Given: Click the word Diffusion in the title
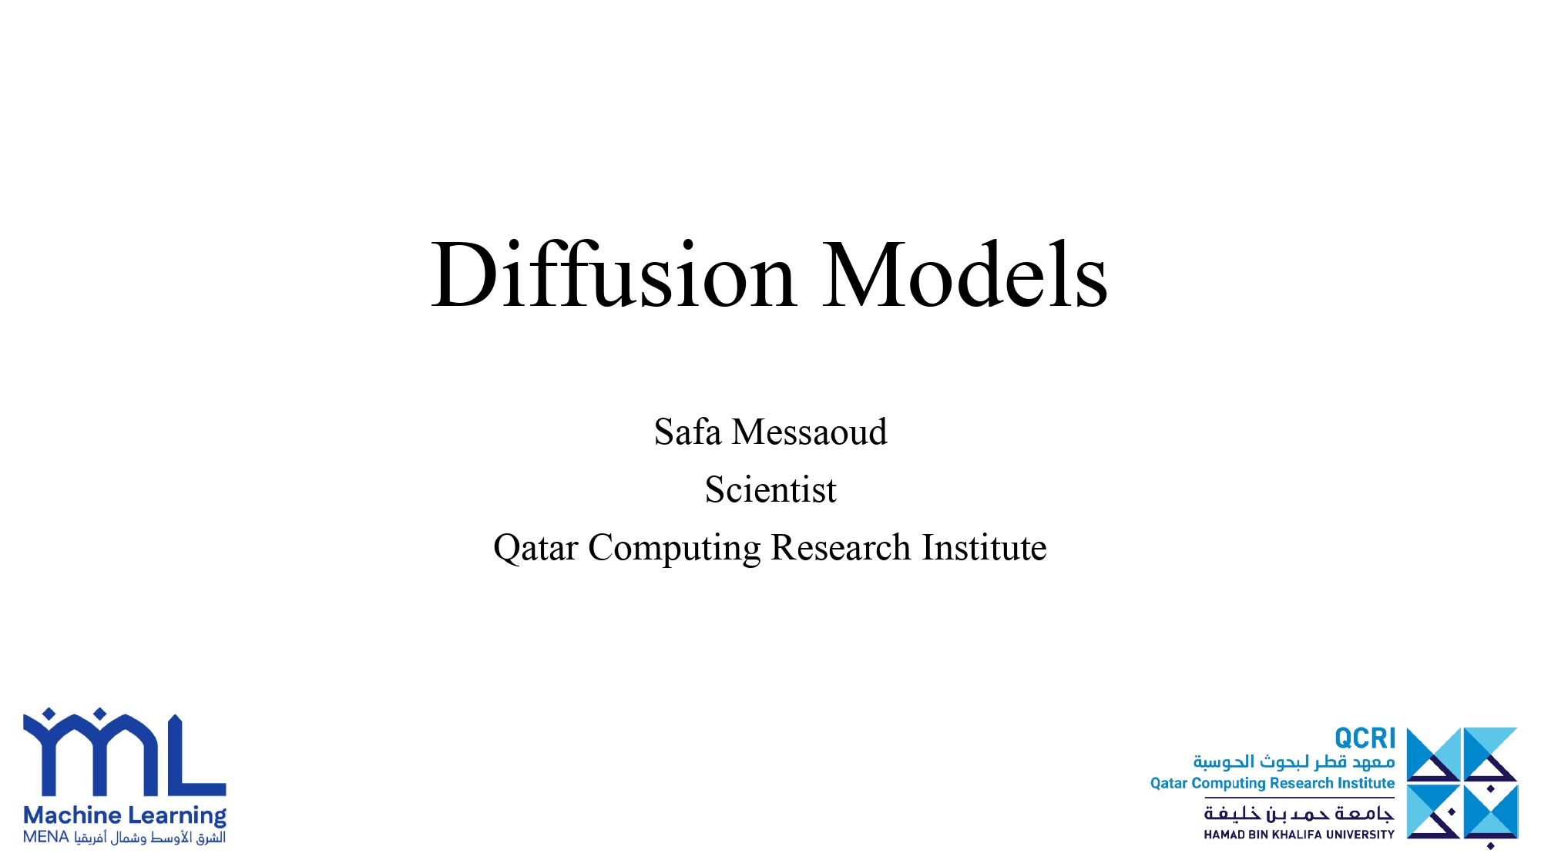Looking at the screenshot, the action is pyautogui.click(x=613, y=275).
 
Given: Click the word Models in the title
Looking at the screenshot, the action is pyautogui.click(x=965, y=275).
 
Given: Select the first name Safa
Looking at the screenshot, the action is pyautogui.click(x=687, y=432).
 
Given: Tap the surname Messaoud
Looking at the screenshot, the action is pyautogui.click(x=810, y=432).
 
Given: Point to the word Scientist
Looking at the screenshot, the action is pyautogui.click(x=770, y=489).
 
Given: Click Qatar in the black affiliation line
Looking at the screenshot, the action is pyautogui.click(x=535, y=548).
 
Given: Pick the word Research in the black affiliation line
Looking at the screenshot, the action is pyautogui.click(x=841, y=548).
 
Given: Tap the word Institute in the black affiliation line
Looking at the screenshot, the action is pyautogui.click(x=985, y=548).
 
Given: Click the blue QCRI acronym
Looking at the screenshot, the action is pyautogui.click(x=1365, y=738).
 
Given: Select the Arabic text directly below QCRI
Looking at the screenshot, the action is pyautogui.click(x=1294, y=762).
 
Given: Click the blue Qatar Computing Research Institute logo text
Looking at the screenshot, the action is pyautogui.click(x=1273, y=784).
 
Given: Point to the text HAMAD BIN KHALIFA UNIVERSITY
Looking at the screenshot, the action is pyautogui.click(x=1299, y=835).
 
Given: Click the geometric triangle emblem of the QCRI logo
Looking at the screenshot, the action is pyautogui.click(x=1462, y=785).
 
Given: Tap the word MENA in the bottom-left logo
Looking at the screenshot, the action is pyautogui.click(x=46, y=838).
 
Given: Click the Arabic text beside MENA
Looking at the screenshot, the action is pyautogui.click(x=150, y=838).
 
